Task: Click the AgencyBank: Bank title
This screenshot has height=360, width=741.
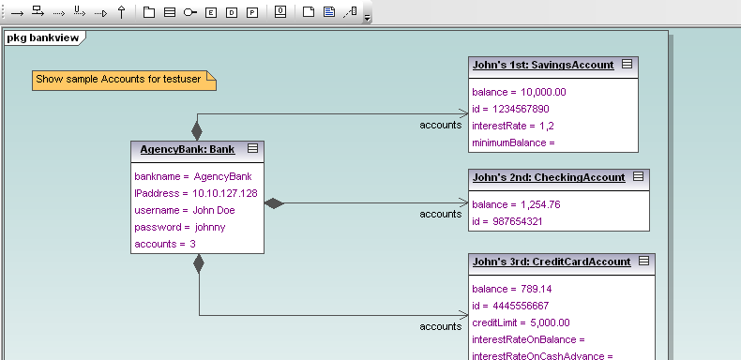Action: (x=187, y=149)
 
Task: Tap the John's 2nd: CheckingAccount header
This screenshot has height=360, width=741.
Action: (x=548, y=177)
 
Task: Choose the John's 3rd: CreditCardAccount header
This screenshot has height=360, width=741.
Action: (x=551, y=262)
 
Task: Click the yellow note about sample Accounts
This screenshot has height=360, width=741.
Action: (x=124, y=81)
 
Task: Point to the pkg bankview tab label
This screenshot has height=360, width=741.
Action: (x=44, y=37)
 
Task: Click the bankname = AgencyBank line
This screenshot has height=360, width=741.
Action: (x=193, y=176)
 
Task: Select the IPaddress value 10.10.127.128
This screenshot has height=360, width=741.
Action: (x=225, y=193)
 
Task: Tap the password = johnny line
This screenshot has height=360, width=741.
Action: (x=180, y=227)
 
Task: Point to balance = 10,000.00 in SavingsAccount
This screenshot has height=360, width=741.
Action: (x=519, y=92)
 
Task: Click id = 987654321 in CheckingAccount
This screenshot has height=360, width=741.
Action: (x=507, y=221)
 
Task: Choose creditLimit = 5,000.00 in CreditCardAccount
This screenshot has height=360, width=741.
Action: (x=522, y=322)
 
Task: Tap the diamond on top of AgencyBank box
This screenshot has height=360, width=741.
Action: (x=197, y=129)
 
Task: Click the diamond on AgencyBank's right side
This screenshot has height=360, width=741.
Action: (x=274, y=202)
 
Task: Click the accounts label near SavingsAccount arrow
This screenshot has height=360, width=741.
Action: (x=440, y=125)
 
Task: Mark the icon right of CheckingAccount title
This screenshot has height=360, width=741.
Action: (x=638, y=176)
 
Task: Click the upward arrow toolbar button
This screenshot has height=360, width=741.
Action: (x=122, y=13)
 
